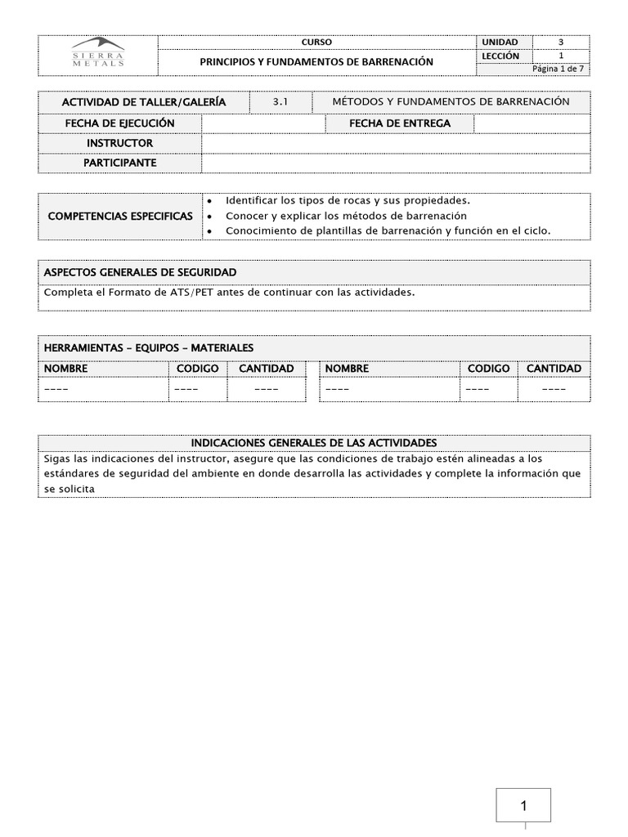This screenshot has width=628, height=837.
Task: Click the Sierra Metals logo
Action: click(98, 53)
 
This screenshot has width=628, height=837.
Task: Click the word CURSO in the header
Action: click(316, 42)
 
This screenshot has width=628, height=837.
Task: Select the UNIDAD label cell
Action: click(500, 42)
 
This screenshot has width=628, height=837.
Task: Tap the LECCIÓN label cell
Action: click(500, 56)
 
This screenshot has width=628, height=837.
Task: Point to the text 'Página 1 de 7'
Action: click(559, 69)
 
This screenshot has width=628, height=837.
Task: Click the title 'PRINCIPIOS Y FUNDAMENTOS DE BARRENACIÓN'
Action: click(316, 62)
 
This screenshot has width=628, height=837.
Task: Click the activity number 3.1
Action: click(280, 102)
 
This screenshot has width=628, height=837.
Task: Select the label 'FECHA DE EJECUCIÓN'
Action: click(120, 123)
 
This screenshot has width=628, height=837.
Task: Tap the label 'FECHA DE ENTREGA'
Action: click(399, 123)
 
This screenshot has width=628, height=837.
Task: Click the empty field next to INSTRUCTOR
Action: click(396, 143)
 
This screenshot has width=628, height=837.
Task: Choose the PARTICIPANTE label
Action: click(120, 163)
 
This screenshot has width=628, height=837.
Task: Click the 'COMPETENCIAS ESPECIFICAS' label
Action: click(121, 217)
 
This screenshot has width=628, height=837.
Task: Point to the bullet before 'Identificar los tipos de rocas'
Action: click(210, 201)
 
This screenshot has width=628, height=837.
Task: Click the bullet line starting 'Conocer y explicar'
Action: click(346, 216)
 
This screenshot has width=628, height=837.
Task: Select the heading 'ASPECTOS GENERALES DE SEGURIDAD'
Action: click(140, 271)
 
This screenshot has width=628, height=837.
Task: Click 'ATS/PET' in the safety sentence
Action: click(191, 292)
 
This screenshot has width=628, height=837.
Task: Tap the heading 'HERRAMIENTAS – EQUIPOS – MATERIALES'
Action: click(149, 348)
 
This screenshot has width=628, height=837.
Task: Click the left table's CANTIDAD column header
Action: click(266, 369)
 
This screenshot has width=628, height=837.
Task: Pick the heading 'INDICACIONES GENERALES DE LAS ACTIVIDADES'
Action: click(314, 442)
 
